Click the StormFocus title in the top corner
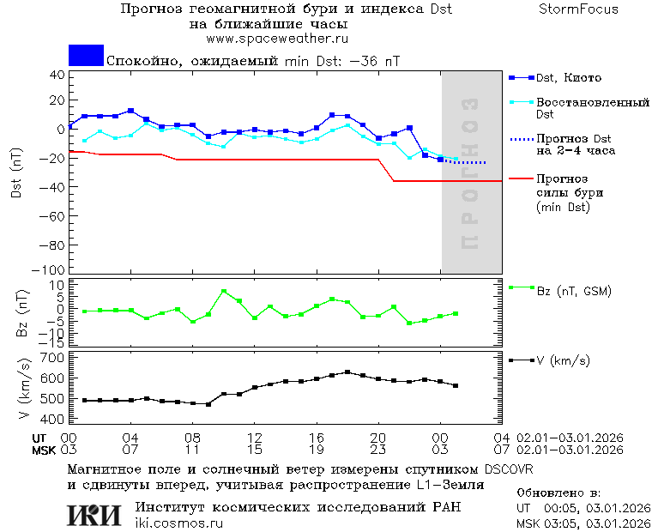coord(579,9)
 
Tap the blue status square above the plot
coord(86,56)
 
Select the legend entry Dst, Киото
coord(570,78)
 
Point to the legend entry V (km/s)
coord(563,360)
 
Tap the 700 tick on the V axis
coord(54,357)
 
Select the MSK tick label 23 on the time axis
coord(378,450)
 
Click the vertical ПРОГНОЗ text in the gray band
coord(469,172)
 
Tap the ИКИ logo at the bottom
coord(94,515)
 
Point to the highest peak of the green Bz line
coord(223,292)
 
